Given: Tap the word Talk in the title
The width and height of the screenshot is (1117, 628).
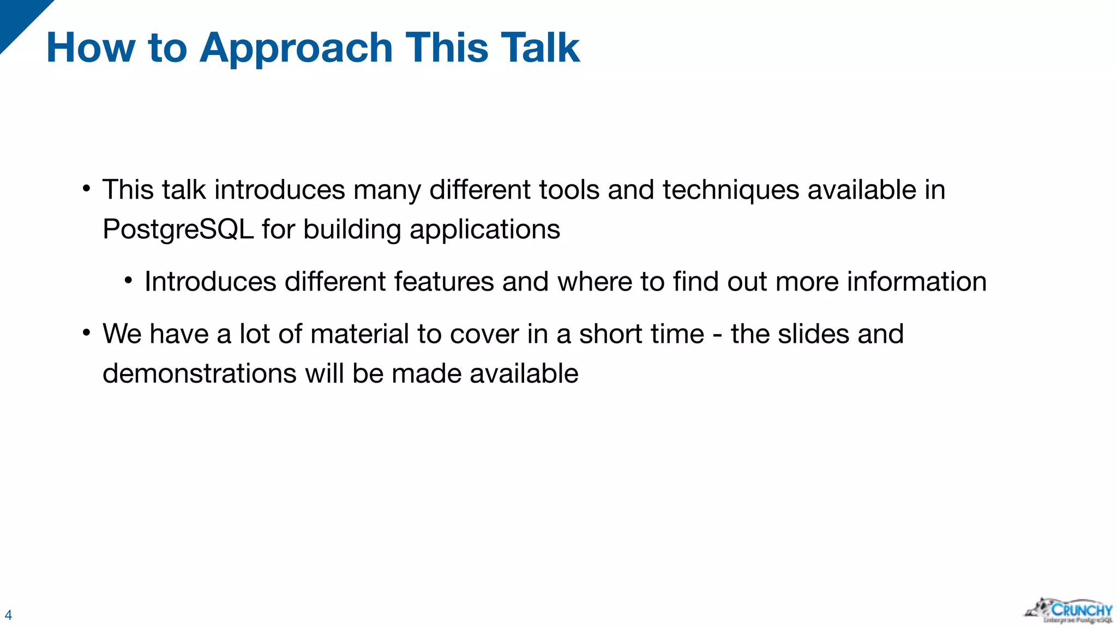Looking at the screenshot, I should click(x=539, y=48).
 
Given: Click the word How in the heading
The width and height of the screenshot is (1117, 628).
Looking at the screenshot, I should click(x=91, y=48).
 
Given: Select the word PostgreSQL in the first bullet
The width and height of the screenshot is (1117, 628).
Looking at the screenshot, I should click(x=178, y=230).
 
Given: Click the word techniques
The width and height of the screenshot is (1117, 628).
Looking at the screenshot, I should click(x=731, y=190).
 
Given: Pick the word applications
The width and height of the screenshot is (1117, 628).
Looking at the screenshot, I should click(x=485, y=230).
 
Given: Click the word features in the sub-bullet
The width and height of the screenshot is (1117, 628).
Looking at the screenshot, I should click(x=443, y=282).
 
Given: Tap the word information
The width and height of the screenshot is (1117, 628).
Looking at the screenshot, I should click(x=916, y=282).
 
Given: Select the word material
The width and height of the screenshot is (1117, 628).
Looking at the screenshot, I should click(x=359, y=334).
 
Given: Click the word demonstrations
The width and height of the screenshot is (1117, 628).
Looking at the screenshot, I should click(x=200, y=374).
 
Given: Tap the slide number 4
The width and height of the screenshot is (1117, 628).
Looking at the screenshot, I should click(x=8, y=615).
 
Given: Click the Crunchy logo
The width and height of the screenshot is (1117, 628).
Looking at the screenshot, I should click(x=1069, y=611).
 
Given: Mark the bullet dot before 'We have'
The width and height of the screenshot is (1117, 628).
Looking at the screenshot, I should click(x=86, y=333).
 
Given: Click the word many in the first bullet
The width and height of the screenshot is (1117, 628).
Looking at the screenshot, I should click(x=387, y=190).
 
